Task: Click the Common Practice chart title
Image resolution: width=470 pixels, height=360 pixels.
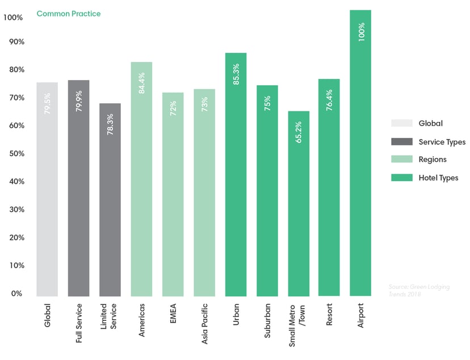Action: click(x=68, y=14)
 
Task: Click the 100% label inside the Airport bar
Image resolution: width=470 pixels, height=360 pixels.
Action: click(x=361, y=32)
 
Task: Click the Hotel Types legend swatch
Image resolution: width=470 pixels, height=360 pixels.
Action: click(x=401, y=178)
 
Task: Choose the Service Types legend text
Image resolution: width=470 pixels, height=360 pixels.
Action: click(x=442, y=142)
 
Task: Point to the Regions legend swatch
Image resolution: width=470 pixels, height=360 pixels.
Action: click(x=401, y=160)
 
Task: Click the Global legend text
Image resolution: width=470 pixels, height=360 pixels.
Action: click(x=430, y=123)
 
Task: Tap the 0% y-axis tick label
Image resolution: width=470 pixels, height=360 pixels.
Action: click(x=15, y=294)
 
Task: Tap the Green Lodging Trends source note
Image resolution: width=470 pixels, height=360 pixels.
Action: click(x=419, y=290)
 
